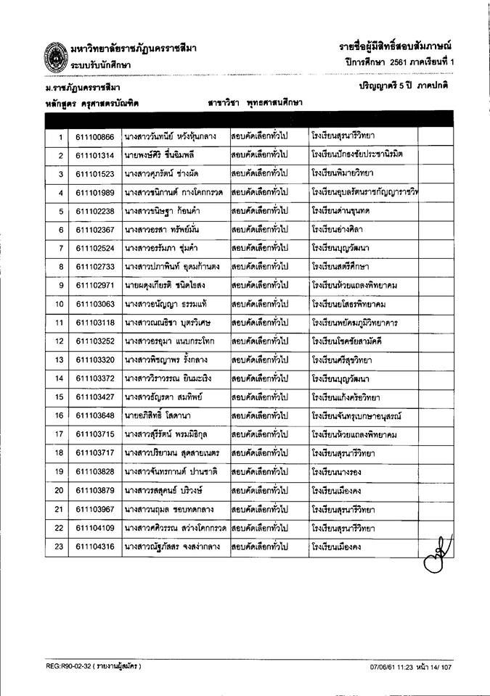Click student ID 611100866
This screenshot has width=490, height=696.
coord(94,136)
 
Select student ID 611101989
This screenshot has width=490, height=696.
coord(94,192)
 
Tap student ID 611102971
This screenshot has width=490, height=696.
coord(94,285)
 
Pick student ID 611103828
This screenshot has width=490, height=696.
coord(94,471)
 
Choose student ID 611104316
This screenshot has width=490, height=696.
coord(94,546)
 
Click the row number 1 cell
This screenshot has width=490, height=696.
coord(60,136)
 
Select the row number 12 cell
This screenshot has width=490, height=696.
coord(60,341)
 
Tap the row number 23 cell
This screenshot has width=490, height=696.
coord(60,546)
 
